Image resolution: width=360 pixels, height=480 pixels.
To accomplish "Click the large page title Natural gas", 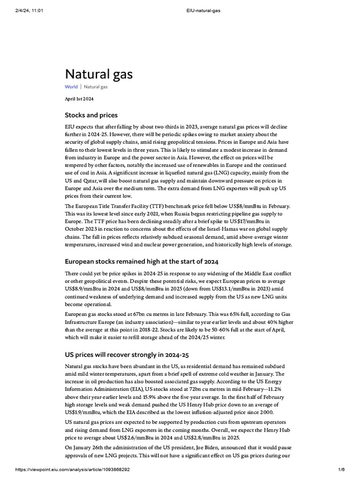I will pyautogui.click(x=98, y=74).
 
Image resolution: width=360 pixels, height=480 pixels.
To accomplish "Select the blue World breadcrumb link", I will pyautogui.click(x=71, y=87).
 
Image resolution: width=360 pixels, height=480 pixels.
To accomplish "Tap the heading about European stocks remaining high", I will pyautogui.click(x=141, y=261).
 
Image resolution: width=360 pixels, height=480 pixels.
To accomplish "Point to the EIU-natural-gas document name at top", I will pyautogui.click(x=180, y=4).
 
